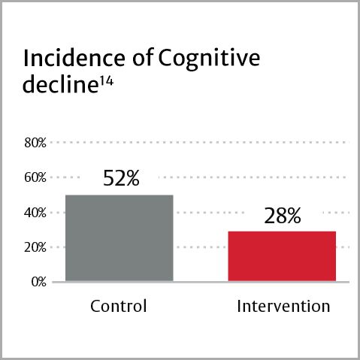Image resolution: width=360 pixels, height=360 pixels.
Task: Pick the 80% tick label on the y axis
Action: click(35, 143)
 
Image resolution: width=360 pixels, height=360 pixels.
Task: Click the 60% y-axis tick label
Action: click(35, 177)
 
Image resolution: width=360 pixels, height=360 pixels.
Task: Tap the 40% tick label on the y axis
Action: click(35, 213)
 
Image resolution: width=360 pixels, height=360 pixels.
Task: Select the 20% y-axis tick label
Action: click(35, 247)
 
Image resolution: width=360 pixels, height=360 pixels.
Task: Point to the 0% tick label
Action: click(38, 283)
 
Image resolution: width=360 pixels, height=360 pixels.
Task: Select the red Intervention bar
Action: click(282, 256)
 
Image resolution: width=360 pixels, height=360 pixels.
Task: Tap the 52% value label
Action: click(120, 179)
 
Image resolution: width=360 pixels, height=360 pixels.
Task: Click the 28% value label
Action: click(282, 216)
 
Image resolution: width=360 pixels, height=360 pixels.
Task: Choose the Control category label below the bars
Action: click(118, 307)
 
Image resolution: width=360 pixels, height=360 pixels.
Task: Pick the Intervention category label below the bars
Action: click(283, 307)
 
